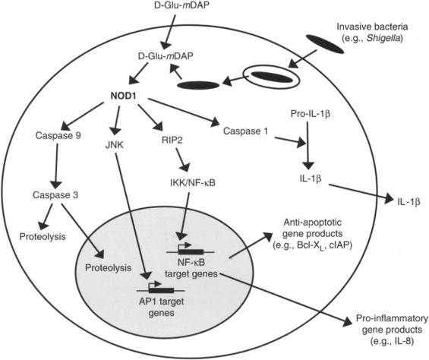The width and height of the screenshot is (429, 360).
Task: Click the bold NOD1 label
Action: point(124,96)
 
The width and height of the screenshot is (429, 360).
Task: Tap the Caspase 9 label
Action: point(58,135)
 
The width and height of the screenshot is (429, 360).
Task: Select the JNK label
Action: point(114,145)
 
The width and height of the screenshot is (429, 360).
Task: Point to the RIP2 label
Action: point(170,141)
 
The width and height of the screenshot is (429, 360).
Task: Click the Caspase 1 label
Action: point(246,131)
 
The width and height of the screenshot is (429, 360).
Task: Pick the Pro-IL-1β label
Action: point(311,114)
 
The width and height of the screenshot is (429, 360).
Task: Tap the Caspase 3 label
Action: point(55,195)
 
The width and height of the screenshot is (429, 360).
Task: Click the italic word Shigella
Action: point(383,38)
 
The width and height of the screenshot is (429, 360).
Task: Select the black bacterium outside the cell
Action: point(324,44)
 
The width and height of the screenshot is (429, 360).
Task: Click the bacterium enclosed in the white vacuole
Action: point(272,77)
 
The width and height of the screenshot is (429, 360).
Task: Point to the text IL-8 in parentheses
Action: point(403,341)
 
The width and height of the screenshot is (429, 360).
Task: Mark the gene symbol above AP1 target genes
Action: point(161,289)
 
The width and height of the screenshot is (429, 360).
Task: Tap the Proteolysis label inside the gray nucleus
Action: point(109,268)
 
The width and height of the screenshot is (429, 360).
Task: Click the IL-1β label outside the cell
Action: point(408,202)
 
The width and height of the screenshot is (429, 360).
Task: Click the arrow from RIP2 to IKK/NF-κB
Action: point(183,160)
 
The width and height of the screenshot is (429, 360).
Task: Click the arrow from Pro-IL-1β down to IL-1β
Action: point(308,146)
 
